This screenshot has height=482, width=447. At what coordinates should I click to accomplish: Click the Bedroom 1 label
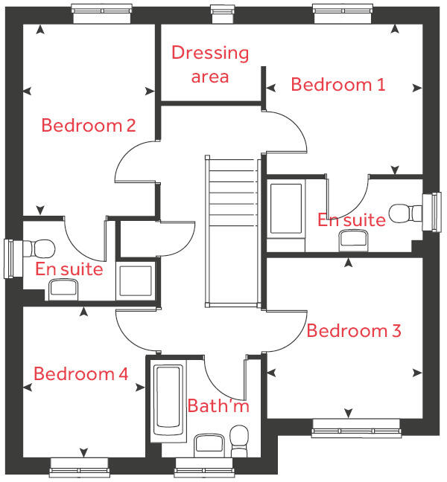coord(338,84)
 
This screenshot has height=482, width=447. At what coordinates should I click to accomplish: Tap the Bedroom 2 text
coord(88,125)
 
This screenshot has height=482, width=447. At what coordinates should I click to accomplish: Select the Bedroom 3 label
coord(354,331)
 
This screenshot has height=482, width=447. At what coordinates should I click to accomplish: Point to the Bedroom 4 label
coord(80,373)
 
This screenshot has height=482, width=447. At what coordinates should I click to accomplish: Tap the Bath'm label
coord(218,406)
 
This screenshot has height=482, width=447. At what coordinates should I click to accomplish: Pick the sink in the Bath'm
coord(206,446)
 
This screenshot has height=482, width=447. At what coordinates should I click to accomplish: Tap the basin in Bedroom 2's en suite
coord(66,290)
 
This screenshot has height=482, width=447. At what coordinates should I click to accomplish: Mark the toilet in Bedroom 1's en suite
coord(405,213)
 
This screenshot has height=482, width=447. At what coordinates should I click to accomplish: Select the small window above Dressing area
coord(221,10)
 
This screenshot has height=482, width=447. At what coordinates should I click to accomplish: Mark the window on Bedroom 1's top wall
coord(342,10)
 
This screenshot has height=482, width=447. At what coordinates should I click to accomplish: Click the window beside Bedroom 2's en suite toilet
coord(10,256)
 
